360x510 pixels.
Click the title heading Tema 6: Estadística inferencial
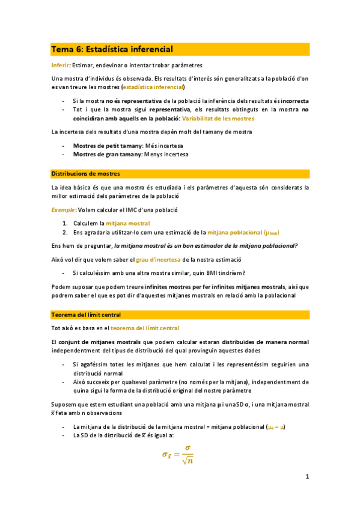[112, 49]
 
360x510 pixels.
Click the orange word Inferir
[60, 65]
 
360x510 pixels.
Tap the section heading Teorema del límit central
[86, 315]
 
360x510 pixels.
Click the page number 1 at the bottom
[307, 478]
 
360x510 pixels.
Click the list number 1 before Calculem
[64, 223]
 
